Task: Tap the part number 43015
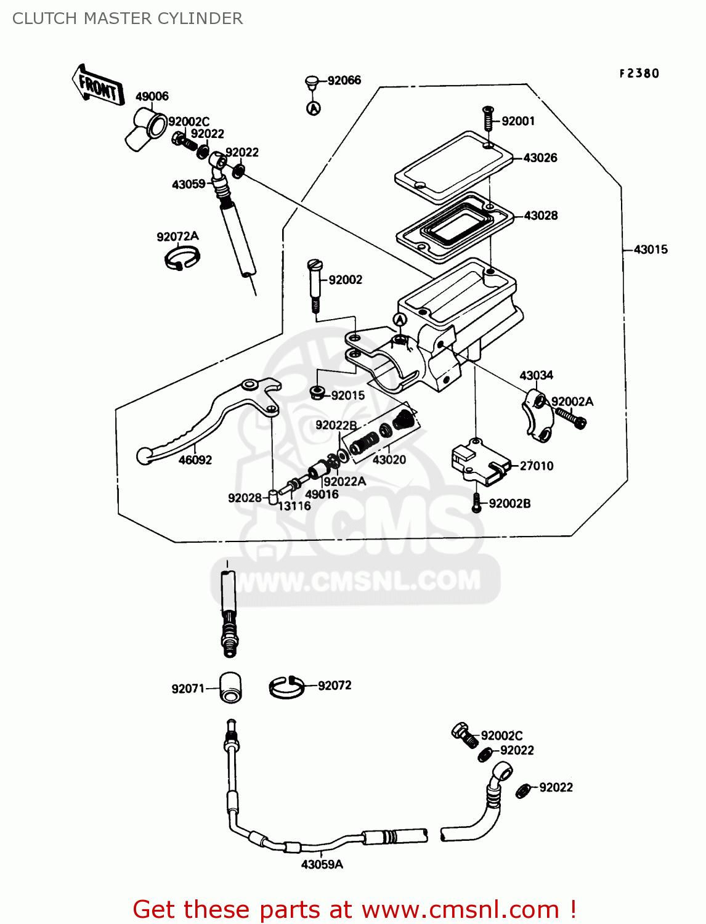[651, 249]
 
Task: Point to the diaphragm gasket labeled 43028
[455, 227]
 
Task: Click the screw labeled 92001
[487, 118]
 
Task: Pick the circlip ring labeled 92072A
[182, 257]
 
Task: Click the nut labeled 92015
[318, 392]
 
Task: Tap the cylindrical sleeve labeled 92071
[230, 687]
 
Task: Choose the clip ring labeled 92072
[286, 686]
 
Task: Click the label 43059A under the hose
[322, 864]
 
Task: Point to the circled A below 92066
[314, 108]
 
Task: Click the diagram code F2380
[639, 73]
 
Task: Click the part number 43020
[389, 460]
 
